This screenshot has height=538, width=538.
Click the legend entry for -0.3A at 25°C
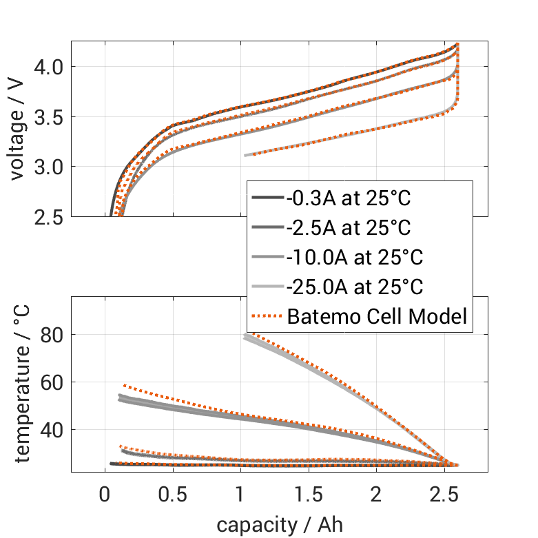349,200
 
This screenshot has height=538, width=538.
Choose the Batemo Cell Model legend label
377,317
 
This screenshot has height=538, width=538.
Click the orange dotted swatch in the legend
267,317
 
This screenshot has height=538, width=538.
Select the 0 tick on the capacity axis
105,495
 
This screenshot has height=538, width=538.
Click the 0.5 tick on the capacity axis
172,495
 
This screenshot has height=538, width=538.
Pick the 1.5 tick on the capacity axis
308,495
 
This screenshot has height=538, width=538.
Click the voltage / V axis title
18,130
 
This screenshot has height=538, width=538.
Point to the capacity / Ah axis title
280,525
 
